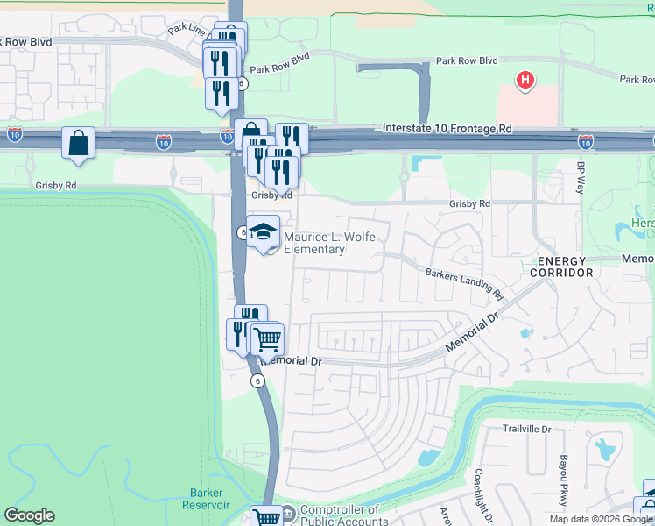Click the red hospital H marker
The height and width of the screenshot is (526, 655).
[525, 82]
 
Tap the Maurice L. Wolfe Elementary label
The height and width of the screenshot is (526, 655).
[313, 243]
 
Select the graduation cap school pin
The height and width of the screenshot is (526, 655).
[263, 232]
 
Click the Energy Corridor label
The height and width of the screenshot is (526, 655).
[560, 267]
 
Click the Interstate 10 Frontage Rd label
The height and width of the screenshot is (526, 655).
[447, 129]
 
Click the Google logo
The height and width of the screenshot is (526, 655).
[29, 515]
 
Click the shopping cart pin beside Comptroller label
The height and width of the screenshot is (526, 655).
[266, 517]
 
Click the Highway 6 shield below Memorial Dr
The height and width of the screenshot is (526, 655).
[257, 380]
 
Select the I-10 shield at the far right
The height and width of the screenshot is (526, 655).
[585, 141]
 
